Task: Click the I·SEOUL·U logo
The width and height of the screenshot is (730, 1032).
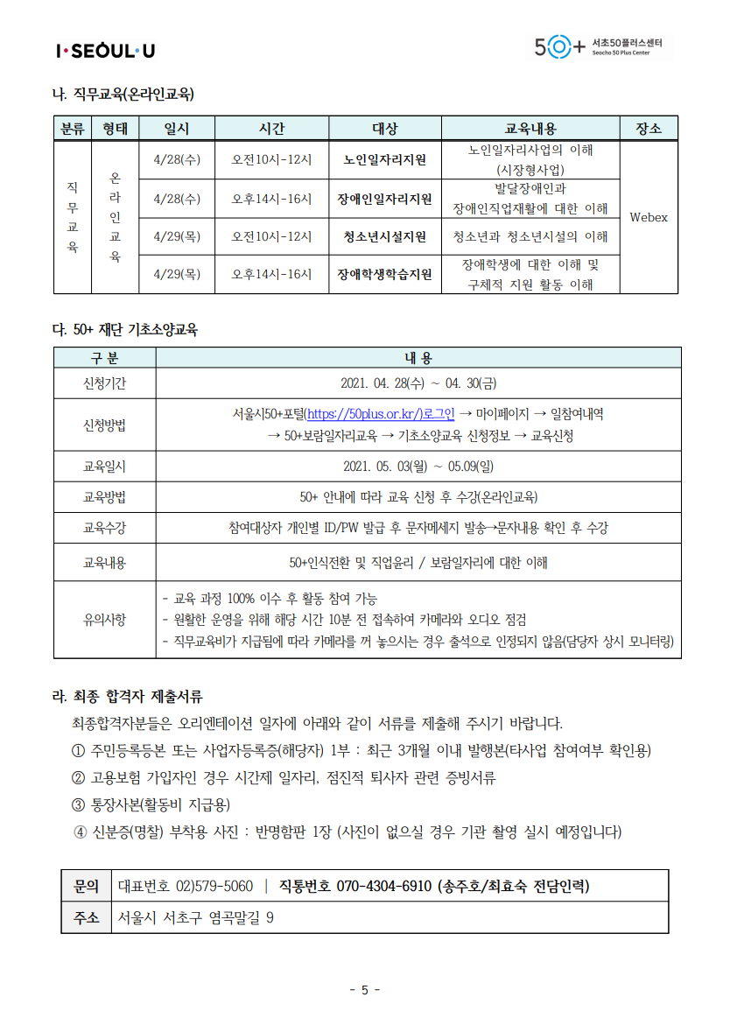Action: click(105, 51)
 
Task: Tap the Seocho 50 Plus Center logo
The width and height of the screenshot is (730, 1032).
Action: click(604, 46)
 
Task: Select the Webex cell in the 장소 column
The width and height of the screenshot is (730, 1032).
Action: click(648, 217)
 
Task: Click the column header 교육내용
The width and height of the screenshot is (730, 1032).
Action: click(530, 129)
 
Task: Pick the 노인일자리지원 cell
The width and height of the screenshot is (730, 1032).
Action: click(385, 160)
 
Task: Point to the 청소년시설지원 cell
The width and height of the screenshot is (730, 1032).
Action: click(385, 236)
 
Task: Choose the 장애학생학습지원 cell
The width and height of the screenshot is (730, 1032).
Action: click(385, 274)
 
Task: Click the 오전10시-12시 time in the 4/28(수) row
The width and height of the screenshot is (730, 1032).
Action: click(271, 160)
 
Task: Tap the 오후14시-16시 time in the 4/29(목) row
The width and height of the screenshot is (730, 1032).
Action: click(271, 274)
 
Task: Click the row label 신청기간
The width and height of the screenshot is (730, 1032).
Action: click(104, 383)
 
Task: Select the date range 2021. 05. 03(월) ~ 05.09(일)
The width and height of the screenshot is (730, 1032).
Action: click(418, 467)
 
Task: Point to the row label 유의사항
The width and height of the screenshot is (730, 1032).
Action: click(104, 620)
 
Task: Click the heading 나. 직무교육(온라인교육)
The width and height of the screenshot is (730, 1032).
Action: click(124, 94)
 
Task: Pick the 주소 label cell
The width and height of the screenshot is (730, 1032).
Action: click(86, 917)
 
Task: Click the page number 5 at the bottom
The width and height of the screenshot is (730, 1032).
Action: click(365, 990)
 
